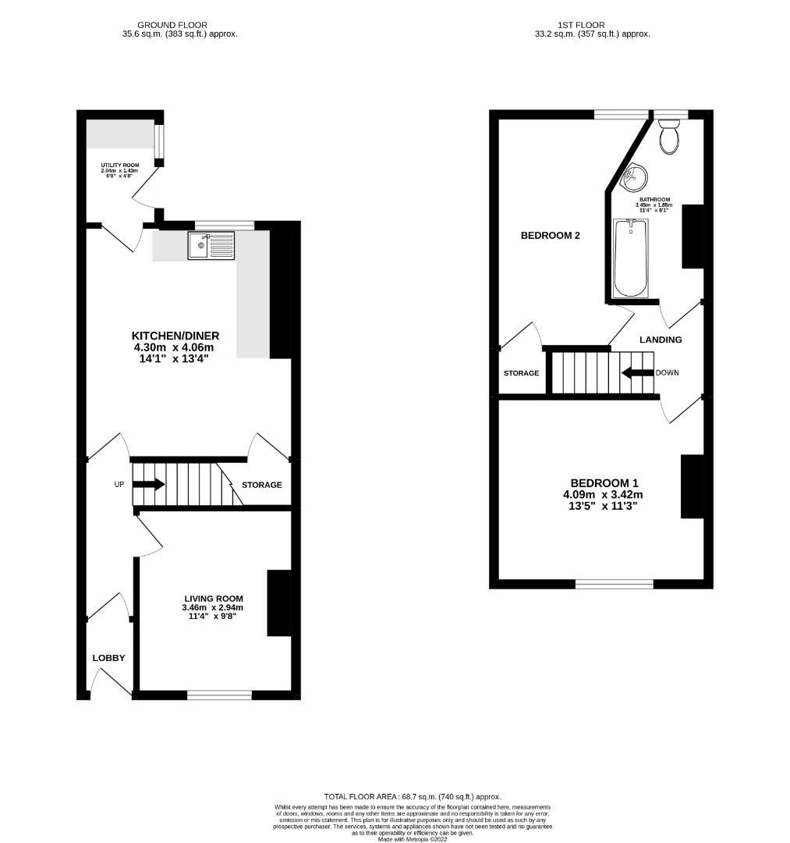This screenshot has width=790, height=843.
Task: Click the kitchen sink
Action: pos(211,246)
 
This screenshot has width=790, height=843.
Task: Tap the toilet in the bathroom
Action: pos(669,136)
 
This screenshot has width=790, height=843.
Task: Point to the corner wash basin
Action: pos(633,177)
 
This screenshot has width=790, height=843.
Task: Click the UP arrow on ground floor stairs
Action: pos(149,484)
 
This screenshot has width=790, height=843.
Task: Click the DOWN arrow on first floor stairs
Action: pos(637,372)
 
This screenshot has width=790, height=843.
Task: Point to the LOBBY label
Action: pos(108,658)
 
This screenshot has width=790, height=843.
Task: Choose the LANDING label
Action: pos(661,340)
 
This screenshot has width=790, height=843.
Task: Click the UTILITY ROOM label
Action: pos(119,165)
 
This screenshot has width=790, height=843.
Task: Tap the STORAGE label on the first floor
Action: pos(521,373)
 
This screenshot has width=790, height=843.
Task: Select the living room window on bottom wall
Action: pos(219,694)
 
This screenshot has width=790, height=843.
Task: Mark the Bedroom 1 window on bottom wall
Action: pos(615,583)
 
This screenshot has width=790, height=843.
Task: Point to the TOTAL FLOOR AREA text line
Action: pos(413,796)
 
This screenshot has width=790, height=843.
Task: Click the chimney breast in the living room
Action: pos(279,603)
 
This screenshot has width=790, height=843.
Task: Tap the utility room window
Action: pos(158,141)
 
